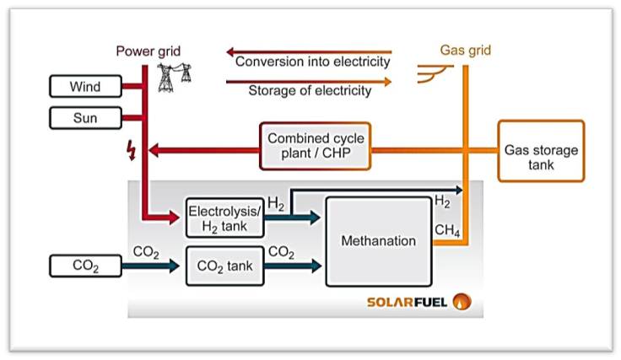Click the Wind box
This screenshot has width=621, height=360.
[86, 86]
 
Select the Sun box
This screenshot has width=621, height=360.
[86, 117]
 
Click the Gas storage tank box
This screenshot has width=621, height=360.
[541, 151]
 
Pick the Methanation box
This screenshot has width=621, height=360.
[378, 240]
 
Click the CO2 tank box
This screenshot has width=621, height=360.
[224, 267]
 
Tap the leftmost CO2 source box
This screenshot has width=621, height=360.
[86, 266]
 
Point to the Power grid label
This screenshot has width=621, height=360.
[148, 51]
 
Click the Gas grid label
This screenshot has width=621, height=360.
[465, 51]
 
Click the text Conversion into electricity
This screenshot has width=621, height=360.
[312, 62]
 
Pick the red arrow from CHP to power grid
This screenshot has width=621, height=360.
[202, 151]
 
